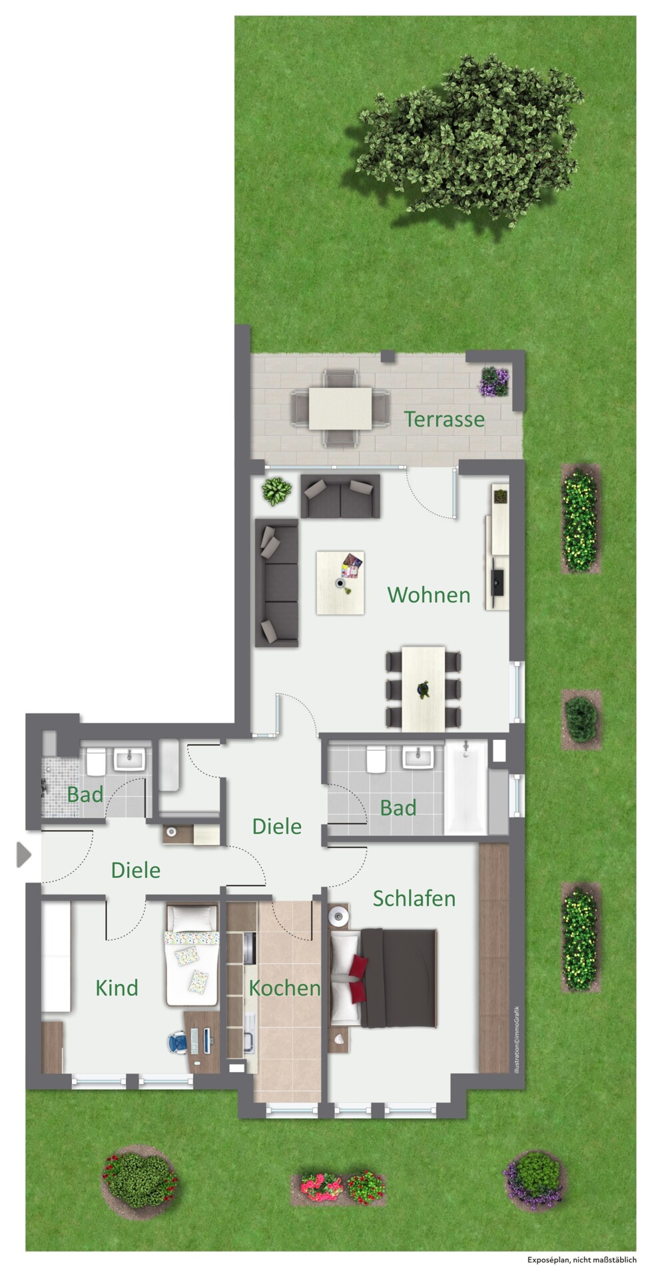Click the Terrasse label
click(x=444, y=419)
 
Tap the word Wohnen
click(x=429, y=595)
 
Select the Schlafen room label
click(x=414, y=899)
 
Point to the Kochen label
click(x=284, y=987)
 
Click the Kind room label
click(x=117, y=987)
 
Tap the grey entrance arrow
click(x=24, y=855)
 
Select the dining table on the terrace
click(x=340, y=408)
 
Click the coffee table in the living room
click(x=340, y=583)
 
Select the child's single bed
click(x=192, y=955)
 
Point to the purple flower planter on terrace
click(x=495, y=381)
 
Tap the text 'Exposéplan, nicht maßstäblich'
click(x=582, y=1259)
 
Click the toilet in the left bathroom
click(x=95, y=762)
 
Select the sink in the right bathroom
click(x=418, y=758)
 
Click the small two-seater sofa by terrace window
click(x=340, y=496)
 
